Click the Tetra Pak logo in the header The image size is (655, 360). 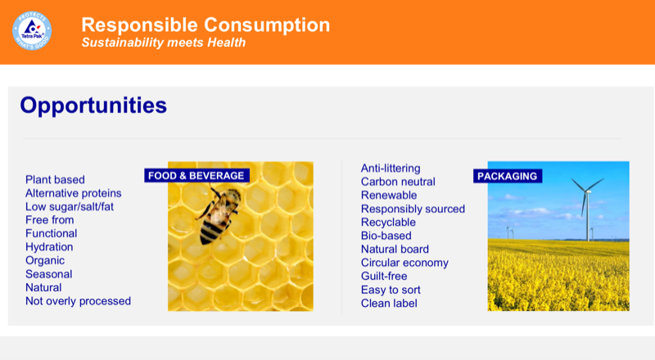pyautogui.click(x=32, y=30)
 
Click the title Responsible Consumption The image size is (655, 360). pyautogui.click(x=206, y=25)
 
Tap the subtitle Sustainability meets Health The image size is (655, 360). pyautogui.click(x=163, y=43)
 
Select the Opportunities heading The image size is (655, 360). pyautogui.click(x=93, y=105)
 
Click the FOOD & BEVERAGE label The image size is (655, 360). pyautogui.click(x=196, y=175)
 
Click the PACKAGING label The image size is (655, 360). pyautogui.click(x=508, y=176)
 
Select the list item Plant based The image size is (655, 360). pyautogui.click(x=55, y=180)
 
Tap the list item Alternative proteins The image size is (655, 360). pyautogui.click(x=74, y=193)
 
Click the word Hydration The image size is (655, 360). pyautogui.click(x=49, y=247)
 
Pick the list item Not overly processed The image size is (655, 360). pyautogui.click(x=78, y=301)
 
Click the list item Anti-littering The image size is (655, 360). pyautogui.click(x=391, y=169)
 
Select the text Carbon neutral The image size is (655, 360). pyautogui.click(x=398, y=182)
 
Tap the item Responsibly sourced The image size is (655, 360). pyautogui.click(x=413, y=209)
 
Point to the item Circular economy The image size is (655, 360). pyautogui.click(x=404, y=263)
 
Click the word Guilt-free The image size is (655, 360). pyautogui.click(x=384, y=277)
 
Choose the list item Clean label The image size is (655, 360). pyautogui.click(x=389, y=303)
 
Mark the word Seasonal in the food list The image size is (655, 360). pyautogui.click(x=48, y=274)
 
